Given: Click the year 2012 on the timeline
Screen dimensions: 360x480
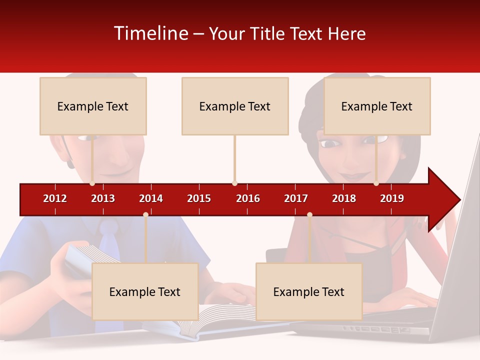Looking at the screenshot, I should pos(55,198).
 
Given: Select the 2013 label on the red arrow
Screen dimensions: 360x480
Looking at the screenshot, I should pos(103,198).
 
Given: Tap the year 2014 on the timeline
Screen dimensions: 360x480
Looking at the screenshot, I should pos(151,198).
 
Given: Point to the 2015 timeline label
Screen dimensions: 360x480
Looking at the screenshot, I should pos(199,198).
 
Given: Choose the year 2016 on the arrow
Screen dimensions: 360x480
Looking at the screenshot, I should pos(248,198).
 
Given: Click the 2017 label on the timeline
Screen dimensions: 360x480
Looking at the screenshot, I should pos(296,198).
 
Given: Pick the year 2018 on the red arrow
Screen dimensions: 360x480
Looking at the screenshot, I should pos(344,198).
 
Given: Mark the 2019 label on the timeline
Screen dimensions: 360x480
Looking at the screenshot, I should pos(392,198).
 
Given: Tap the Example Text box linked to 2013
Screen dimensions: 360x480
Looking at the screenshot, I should pos(93,106).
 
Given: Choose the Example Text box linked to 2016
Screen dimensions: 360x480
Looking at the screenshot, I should pos(235,106).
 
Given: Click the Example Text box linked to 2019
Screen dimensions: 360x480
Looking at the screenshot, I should pos(377,106).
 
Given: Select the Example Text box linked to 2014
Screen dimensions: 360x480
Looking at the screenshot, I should pos(145,291).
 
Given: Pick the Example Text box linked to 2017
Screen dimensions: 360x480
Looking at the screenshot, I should pos(309,291).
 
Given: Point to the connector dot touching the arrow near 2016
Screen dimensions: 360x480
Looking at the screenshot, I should pos(234,183).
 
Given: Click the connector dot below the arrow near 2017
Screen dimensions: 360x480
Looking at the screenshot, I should pos(309,214).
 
